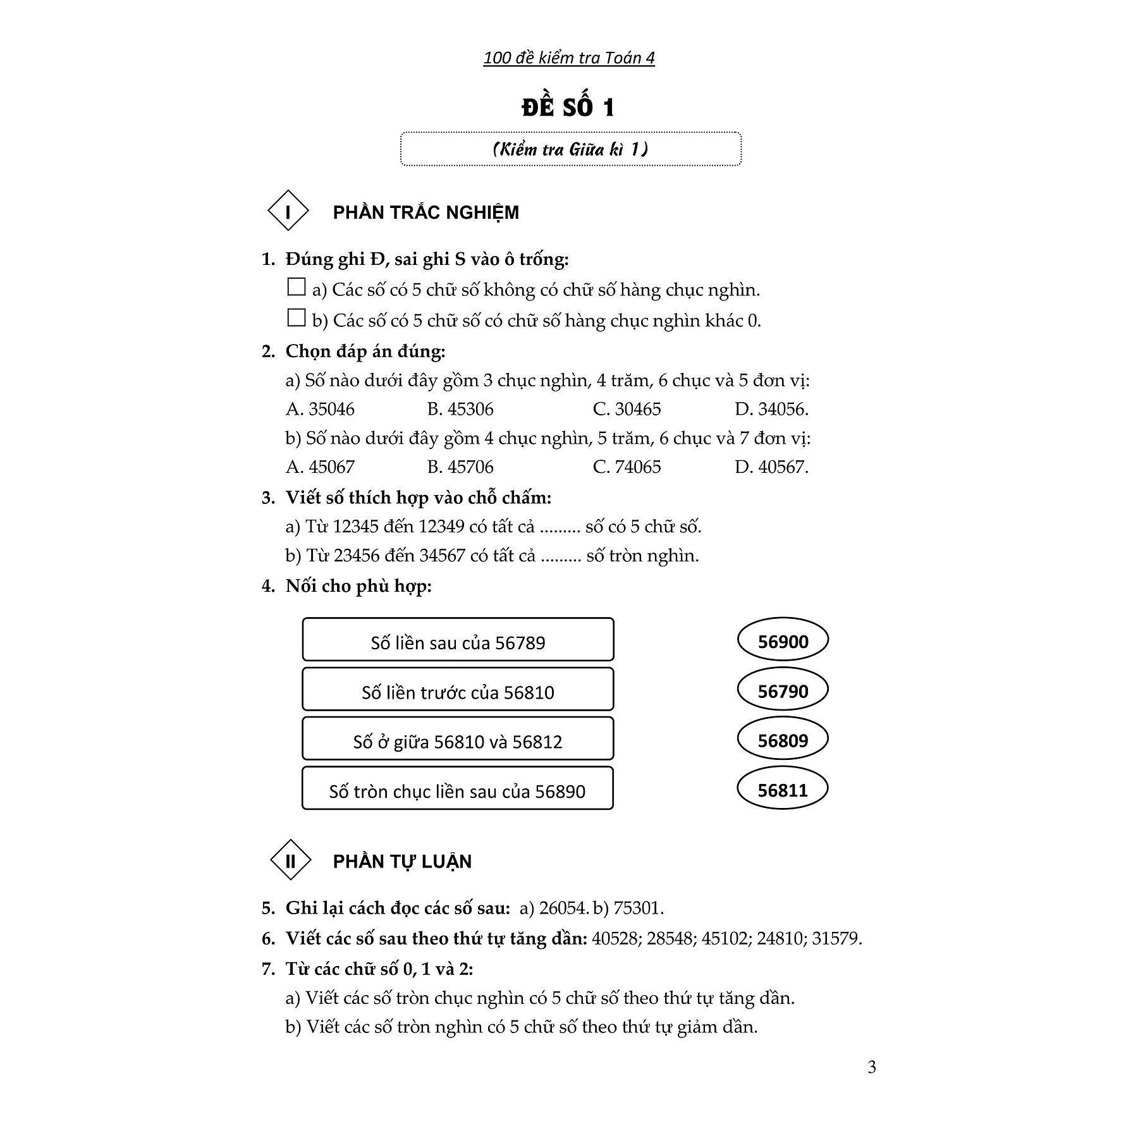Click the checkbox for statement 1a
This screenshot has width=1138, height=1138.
click(296, 288)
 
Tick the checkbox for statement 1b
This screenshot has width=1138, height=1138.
click(296, 318)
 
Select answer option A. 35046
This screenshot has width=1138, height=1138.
click(320, 409)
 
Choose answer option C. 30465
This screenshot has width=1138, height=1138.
click(627, 409)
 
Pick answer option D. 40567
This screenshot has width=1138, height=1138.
click(771, 467)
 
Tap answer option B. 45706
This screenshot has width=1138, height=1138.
click(460, 467)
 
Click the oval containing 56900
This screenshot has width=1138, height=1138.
click(783, 641)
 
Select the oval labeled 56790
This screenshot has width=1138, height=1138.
click(783, 690)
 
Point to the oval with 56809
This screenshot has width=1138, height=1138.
click(783, 740)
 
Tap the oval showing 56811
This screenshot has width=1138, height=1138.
click(783, 790)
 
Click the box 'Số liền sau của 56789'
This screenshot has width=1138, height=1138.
click(458, 640)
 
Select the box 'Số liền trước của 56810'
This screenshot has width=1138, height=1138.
click(458, 689)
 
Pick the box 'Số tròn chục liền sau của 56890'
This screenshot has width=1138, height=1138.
click(458, 788)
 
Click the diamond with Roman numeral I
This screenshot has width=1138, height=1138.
click(288, 211)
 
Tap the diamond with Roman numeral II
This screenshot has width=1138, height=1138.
click(290, 860)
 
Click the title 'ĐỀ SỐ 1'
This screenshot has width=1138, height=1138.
click(568, 107)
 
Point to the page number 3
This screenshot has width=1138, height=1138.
click(872, 1068)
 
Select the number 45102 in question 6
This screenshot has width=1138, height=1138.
click(724, 938)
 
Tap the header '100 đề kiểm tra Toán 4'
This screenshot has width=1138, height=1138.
click(568, 58)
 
